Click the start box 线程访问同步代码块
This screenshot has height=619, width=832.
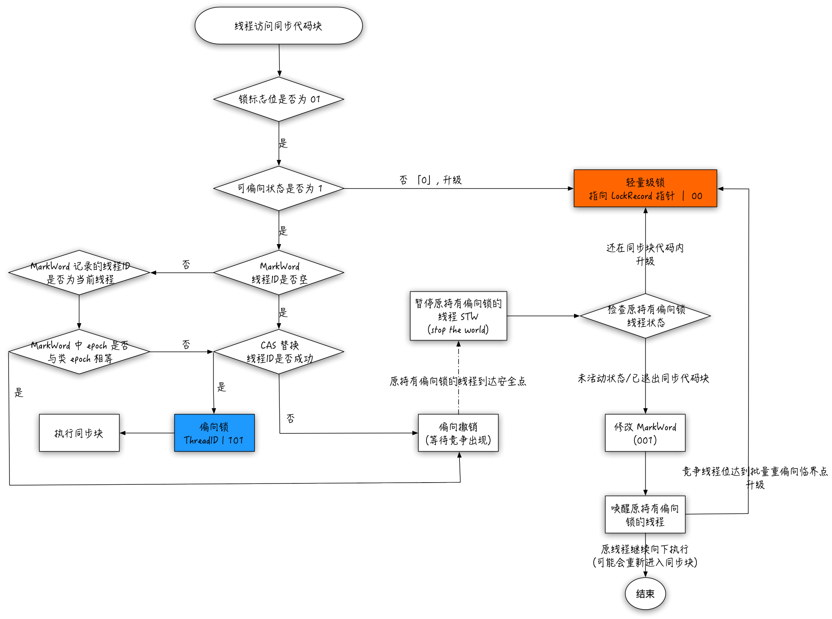tap(278, 26)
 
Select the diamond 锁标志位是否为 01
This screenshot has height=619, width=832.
tap(278, 99)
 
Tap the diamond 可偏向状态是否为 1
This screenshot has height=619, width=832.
tap(278, 188)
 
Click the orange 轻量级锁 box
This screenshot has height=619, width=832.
tap(645, 189)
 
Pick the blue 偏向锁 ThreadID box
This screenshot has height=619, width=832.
tap(214, 433)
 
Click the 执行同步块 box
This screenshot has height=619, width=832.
tap(79, 433)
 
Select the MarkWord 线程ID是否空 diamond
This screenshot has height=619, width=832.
tap(278, 273)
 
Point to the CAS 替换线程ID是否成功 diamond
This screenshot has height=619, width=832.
tap(278, 352)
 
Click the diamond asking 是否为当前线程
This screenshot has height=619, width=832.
tap(80, 273)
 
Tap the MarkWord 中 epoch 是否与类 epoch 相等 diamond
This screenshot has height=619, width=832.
tap(80, 352)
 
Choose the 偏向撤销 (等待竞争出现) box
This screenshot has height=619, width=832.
tap(458, 433)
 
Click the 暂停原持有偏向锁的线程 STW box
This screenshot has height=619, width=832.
tap(458, 316)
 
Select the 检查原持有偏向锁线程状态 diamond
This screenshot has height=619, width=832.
tap(645, 316)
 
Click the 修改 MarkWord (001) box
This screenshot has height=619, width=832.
tap(645, 433)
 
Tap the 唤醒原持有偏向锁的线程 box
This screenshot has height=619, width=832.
tap(645, 515)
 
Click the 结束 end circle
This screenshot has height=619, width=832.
tap(645, 594)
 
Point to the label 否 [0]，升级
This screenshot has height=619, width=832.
tap(430, 180)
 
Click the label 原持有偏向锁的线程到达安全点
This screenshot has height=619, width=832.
tap(458, 381)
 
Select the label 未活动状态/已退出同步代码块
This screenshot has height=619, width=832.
tap(643, 378)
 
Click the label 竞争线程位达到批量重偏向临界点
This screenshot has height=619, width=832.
tap(755, 472)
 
